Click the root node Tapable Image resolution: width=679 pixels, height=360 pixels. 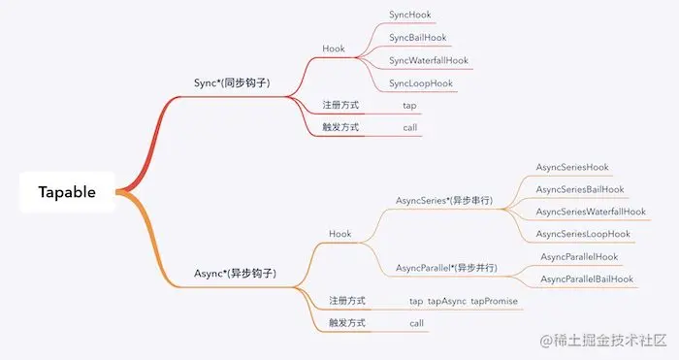point(67,192)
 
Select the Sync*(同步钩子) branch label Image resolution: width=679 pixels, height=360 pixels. point(232,83)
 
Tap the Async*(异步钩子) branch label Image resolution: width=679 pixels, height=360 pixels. point(236,274)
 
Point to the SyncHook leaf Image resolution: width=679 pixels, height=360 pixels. point(410,16)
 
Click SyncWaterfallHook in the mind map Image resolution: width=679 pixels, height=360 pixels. point(429,60)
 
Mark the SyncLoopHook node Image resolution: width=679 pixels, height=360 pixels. point(421,83)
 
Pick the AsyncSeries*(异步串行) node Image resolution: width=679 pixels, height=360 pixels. point(444,201)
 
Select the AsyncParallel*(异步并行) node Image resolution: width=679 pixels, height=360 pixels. point(447,268)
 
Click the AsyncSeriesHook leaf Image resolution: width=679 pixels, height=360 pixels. point(572,167)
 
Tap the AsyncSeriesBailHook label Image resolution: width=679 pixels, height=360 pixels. point(580,189)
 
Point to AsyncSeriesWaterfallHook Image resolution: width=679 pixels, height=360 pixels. point(590,212)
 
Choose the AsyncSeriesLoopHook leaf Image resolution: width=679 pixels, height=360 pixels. point(583,234)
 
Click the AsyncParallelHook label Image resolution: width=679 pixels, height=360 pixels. point(579,256)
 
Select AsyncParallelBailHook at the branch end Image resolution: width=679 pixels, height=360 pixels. point(587,279)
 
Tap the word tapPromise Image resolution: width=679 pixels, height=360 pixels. point(495,302)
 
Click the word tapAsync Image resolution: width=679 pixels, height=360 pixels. point(449,302)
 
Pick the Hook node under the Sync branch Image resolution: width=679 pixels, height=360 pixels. point(334,49)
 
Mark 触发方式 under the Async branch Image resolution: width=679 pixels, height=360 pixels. point(346,323)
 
